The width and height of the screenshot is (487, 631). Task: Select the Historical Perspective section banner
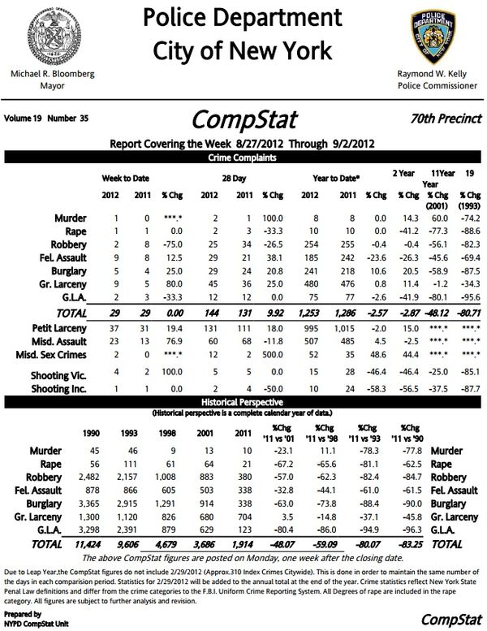click(x=243, y=403)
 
